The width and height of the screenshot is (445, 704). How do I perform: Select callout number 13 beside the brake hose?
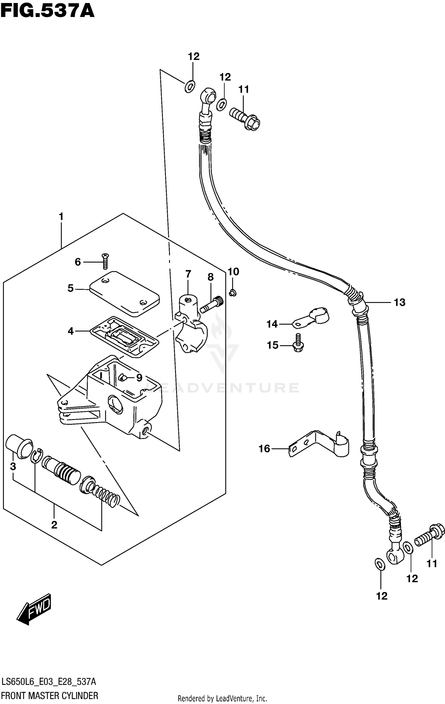(x=399, y=302)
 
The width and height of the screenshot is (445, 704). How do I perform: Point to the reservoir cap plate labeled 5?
(x=125, y=292)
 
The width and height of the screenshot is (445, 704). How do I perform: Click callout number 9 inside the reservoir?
(x=139, y=378)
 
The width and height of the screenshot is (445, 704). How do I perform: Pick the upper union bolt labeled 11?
(x=245, y=119)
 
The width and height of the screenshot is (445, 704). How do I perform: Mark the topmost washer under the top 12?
(x=190, y=86)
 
